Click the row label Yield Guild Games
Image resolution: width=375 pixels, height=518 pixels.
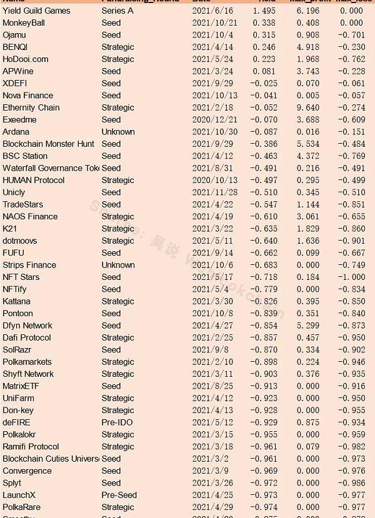coord(36,11)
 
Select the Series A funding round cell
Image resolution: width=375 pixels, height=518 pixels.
coord(117,11)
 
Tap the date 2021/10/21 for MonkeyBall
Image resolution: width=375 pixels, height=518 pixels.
coord(215,22)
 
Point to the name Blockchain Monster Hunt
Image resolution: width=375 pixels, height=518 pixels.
coord(48,144)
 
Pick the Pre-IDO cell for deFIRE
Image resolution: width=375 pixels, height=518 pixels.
coord(117,422)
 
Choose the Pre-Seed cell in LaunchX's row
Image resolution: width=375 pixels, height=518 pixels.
coord(119,495)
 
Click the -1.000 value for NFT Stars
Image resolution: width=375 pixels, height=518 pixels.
coord(351,277)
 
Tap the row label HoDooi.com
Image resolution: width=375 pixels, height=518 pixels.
coord(25,59)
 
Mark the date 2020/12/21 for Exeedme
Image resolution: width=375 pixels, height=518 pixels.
coord(215,119)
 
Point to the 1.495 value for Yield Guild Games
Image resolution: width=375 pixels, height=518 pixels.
coord(264,11)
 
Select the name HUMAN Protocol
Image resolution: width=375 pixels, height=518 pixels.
coord(33,180)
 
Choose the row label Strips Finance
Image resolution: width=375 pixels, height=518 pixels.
coord(29,265)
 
